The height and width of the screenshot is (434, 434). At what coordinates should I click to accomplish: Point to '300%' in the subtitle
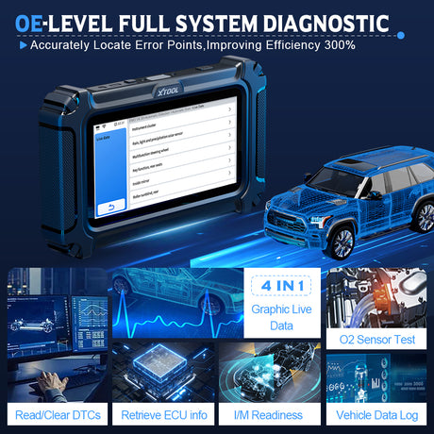click(338, 44)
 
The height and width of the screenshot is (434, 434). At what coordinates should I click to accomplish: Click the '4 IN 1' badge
click(272, 284)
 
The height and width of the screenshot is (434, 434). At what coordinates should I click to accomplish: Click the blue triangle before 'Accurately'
click(22, 44)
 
